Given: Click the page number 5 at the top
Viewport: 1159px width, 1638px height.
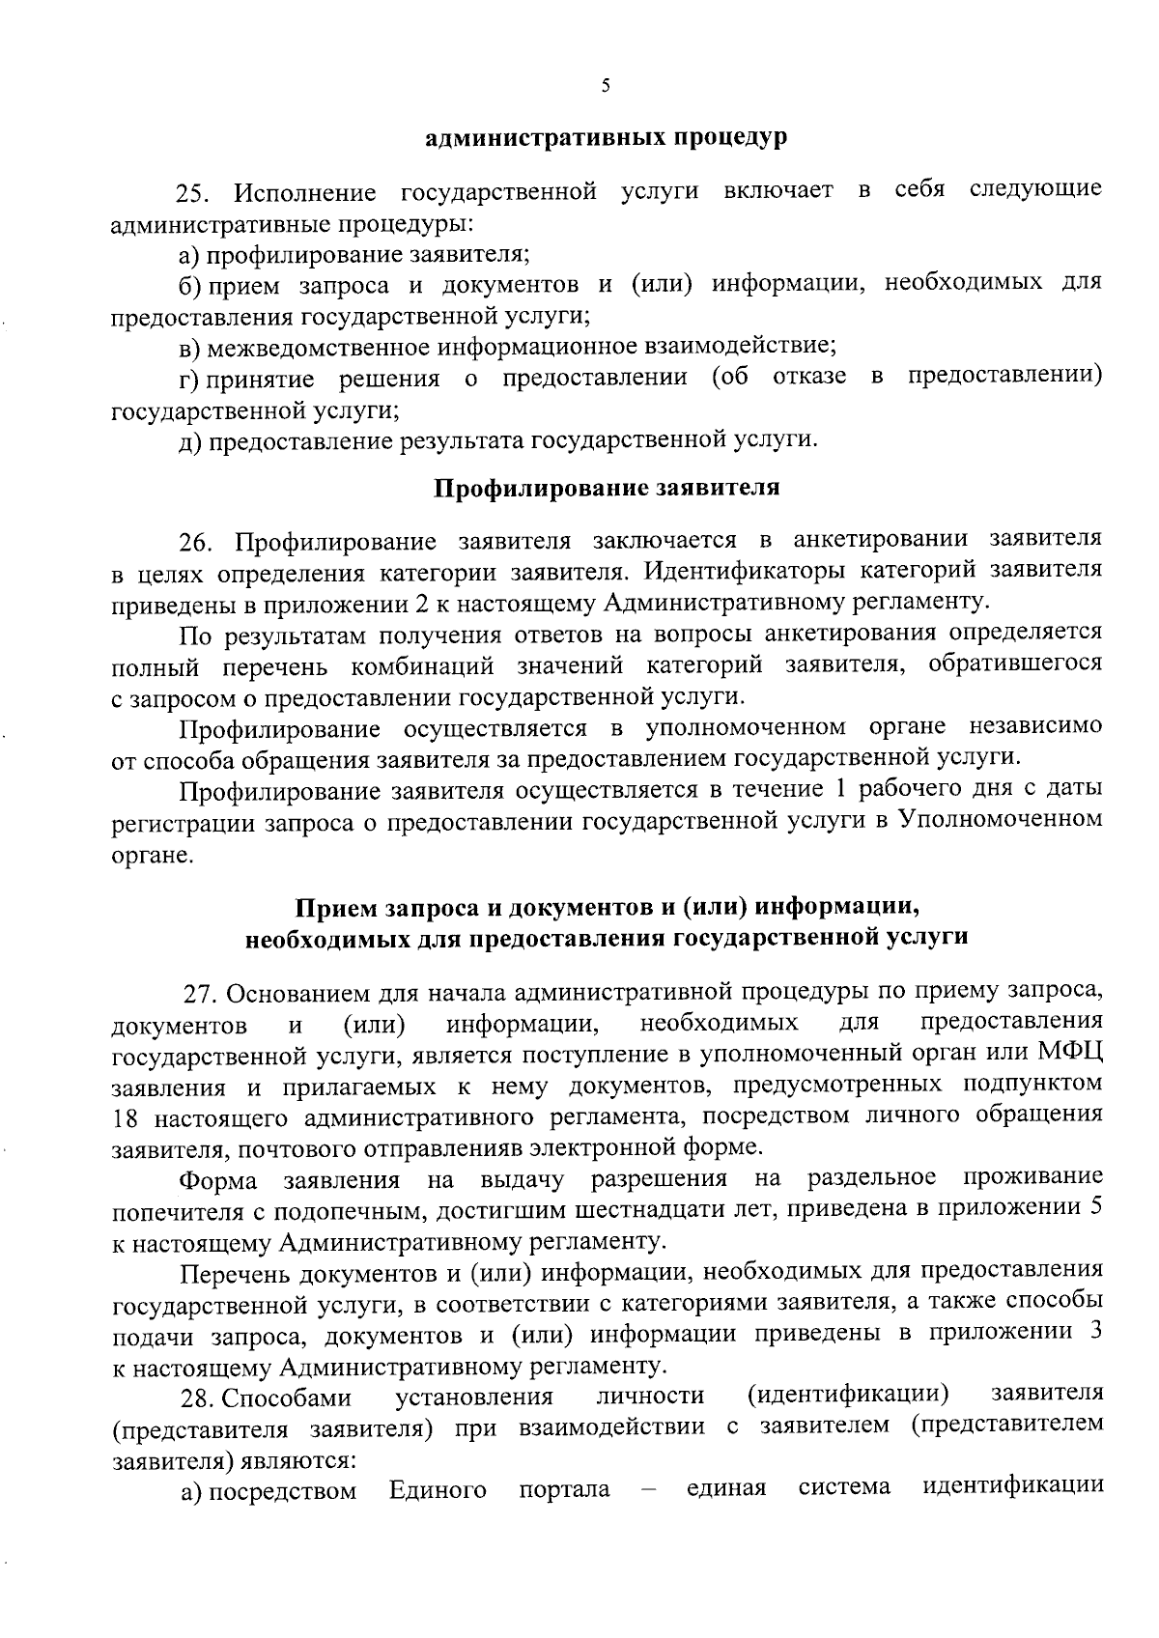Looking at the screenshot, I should coord(606,86).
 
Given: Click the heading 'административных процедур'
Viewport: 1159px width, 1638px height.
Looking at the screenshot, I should coord(607,138).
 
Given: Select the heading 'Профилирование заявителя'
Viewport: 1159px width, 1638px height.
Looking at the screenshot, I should coord(606,488).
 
